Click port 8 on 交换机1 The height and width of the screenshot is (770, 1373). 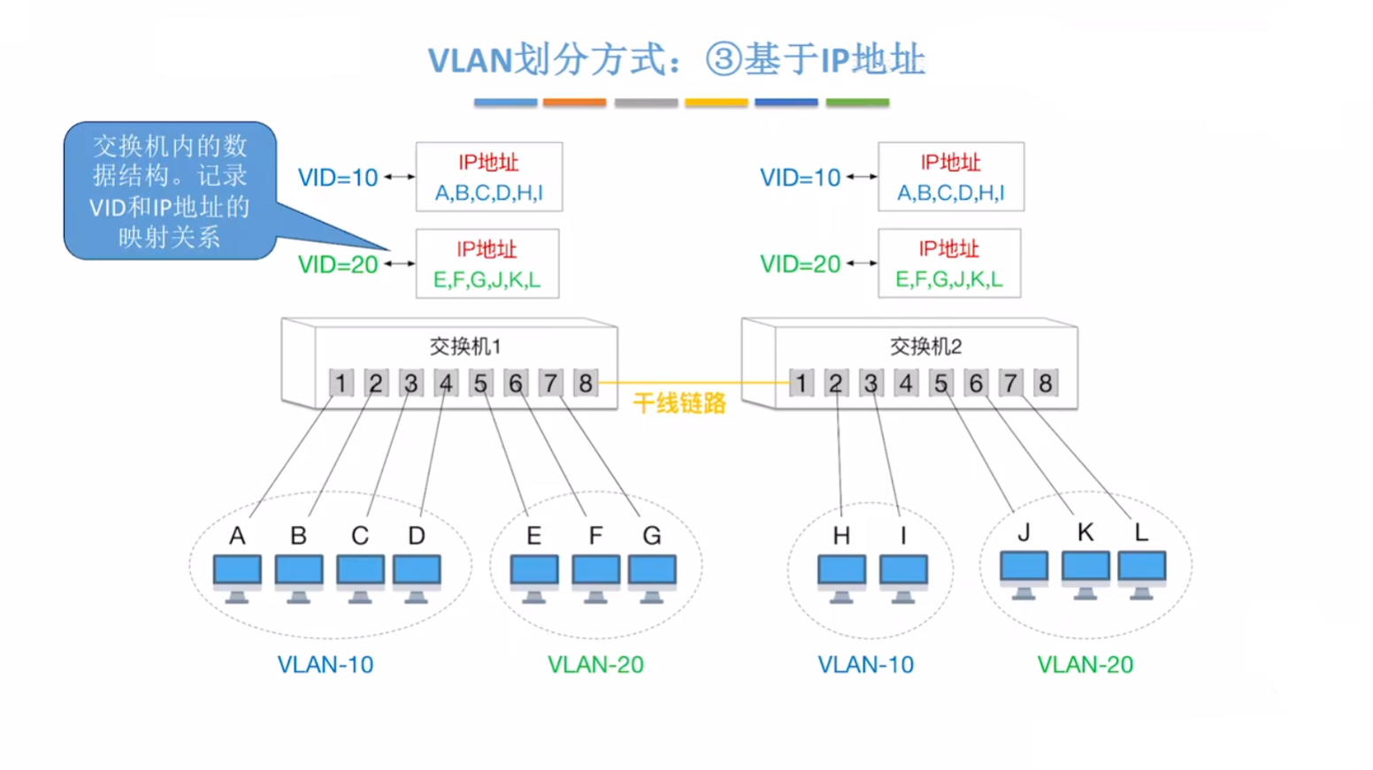pyautogui.click(x=585, y=383)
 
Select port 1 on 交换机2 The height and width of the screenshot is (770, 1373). pyautogui.click(x=801, y=383)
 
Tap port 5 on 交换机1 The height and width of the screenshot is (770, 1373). pyautogui.click(x=480, y=383)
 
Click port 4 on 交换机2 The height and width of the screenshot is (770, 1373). pyautogui.click(x=905, y=383)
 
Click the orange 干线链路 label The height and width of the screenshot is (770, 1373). pyautogui.click(x=679, y=404)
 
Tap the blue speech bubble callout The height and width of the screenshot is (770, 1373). pyautogui.click(x=170, y=191)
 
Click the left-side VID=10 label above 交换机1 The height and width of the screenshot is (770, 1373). pyautogui.click(x=338, y=178)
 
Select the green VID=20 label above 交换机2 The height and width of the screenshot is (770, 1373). pyautogui.click(x=800, y=264)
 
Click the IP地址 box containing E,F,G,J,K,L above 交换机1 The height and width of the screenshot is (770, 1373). pyautogui.click(x=487, y=264)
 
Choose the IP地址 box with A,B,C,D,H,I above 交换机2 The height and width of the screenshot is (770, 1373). pyautogui.click(x=951, y=177)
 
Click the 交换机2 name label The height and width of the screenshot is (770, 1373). pyautogui.click(x=925, y=347)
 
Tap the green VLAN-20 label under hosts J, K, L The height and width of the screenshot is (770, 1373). pyautogui.click(x=1085, y=665)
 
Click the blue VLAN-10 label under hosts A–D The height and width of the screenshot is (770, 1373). pyautogui.click(x=326, y=665)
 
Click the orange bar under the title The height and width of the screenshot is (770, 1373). pyautogui.click(x=574, y=103)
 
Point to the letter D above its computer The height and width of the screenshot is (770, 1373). pyautogui.click(x=417, y=536)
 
